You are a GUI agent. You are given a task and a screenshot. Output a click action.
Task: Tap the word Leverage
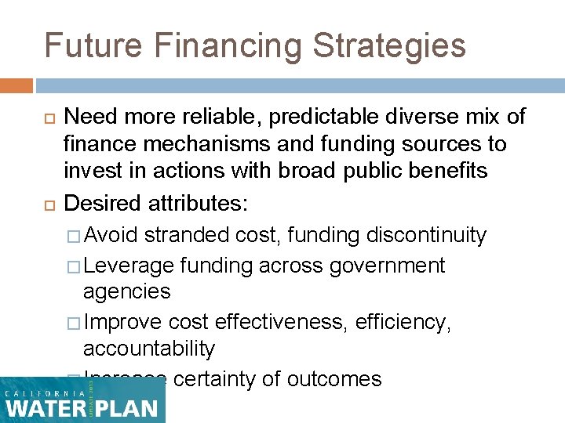pos(128,266)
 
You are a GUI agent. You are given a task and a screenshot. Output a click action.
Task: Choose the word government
pos(388,266)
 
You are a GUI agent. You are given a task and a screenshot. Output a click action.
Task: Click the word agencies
pos(127,291)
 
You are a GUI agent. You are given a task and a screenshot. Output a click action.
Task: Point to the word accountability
pos(149,349)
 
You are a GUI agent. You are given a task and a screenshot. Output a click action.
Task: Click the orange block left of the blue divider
pos(16,85)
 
